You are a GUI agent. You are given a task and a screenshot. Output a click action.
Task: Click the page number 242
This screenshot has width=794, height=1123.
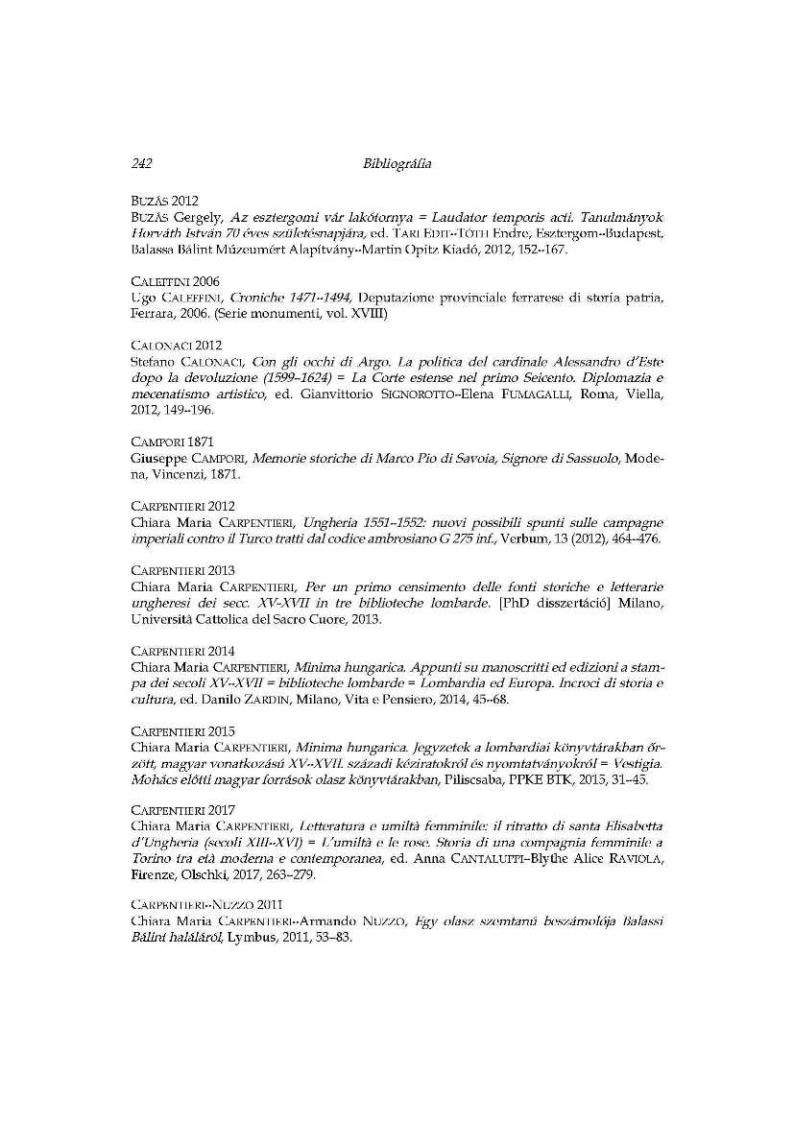pos(142,164)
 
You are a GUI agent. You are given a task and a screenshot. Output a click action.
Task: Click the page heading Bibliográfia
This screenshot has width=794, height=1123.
pos(397,164)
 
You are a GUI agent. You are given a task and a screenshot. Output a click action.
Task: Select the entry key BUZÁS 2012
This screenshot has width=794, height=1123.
pos(164,202)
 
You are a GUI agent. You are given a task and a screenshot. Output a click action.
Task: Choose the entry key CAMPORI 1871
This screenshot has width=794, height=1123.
pos(172,441)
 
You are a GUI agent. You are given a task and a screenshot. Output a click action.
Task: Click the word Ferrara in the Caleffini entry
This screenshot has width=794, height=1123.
pos(152,313)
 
